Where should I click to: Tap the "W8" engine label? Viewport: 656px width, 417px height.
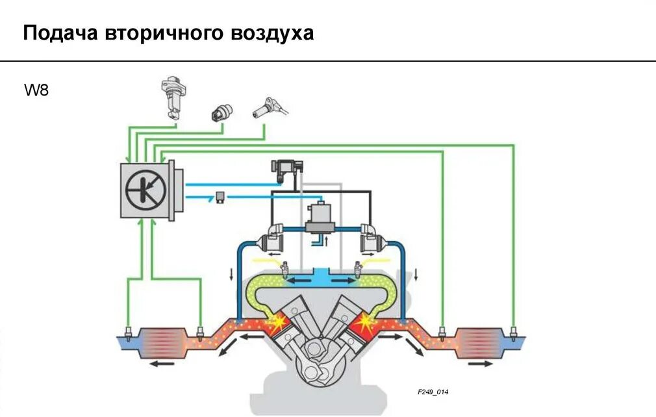pyautogui.click(x=37, y=90)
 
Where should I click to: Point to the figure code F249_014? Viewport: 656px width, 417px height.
pyautogui.click(x=433, y=392)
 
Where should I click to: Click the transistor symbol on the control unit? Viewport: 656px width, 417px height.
pyautogui.click(x=147, y=190)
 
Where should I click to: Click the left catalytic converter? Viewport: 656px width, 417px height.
pyautogui.click(x=166, y=343)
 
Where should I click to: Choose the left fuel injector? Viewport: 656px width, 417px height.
pyautogui.click(x=283, y=269)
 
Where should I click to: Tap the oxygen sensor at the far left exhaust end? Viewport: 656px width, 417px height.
pyautogui.click(x=129, y=335)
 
